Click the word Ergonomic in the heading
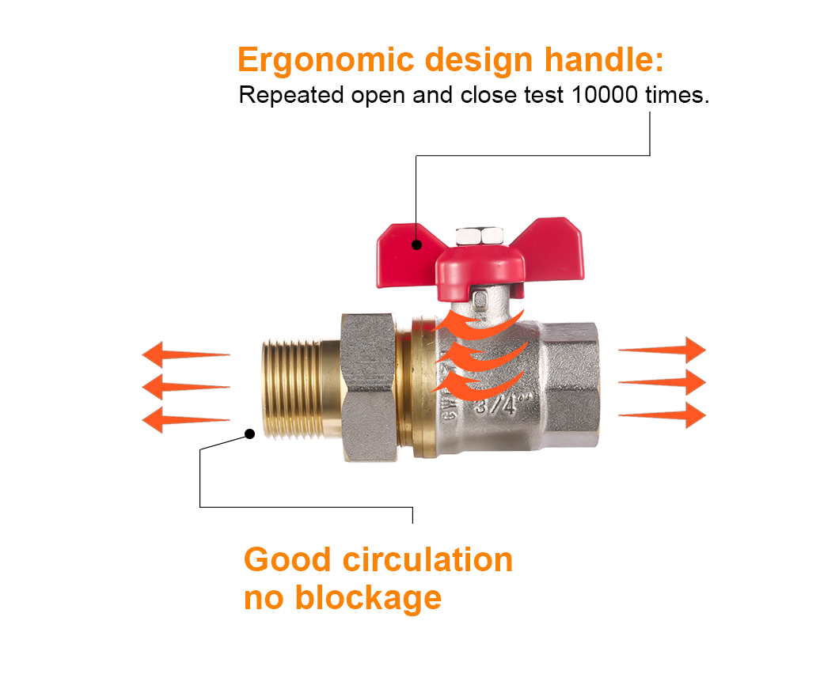click(x=326, y=60)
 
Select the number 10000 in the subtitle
click(x=605, y=95)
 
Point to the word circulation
click(x=427, y=560)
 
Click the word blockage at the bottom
click(x=368, y=598)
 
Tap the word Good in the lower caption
click(x=287, y=560)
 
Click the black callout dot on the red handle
click(x=416, y=245)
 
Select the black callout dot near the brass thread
click(x=250, y=434)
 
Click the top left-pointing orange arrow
click(x=186, y=354)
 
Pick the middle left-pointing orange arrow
click(x=186, y=387)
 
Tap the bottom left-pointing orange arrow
click(x=186, y=420)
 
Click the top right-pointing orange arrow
click(x=662, y=350)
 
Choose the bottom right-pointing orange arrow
click(x=662, y=415)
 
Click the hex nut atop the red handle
click(x=480, y=236)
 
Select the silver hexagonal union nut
click(x=369, y=388)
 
